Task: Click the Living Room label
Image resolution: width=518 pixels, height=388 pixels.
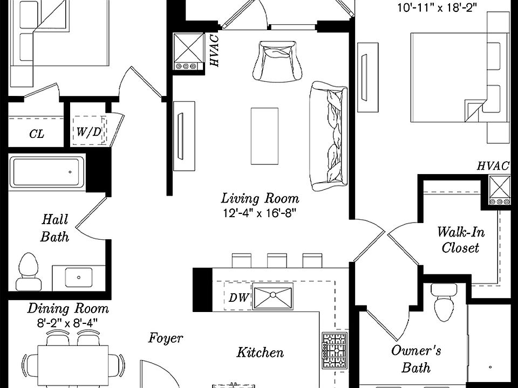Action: click(260, 199)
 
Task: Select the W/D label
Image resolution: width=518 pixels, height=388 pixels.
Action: click(88, 131)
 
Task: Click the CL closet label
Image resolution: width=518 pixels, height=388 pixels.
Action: click(37, 134)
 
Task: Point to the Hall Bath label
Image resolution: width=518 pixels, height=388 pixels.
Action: click(55, 227)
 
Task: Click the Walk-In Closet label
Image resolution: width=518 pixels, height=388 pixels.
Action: click(460, 240)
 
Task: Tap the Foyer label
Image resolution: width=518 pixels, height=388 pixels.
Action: click(166, 338)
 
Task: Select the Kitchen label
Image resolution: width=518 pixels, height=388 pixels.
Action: click(260, 352)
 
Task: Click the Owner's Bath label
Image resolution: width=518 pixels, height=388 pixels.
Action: click(416, 359)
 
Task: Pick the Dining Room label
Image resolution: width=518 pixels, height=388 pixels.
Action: click(68, 309)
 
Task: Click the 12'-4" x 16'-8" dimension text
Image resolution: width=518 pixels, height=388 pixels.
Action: click(260, 212)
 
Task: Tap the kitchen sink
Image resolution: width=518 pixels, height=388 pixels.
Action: click(272, 296)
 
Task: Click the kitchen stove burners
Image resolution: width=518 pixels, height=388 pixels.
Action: click(334, 350)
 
